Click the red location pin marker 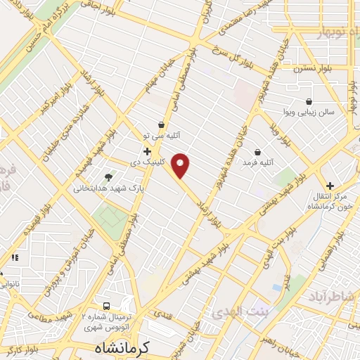(x=181, y=165)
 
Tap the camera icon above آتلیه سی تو (x=161, y=124)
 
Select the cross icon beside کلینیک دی (x=147, y=151)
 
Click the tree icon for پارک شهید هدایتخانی (x=108, y=177)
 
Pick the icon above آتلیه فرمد (x=257, y=152)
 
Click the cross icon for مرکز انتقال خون (x=330, y=186)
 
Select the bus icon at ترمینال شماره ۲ (x=106, y=307)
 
